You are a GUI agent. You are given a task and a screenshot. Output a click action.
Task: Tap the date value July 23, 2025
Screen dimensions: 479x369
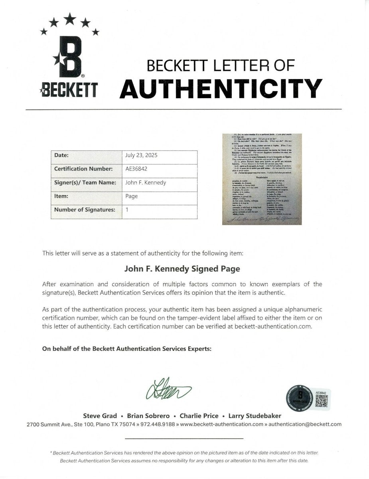[141, 155]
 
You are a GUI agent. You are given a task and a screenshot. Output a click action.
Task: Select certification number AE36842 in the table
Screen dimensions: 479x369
[136, 169]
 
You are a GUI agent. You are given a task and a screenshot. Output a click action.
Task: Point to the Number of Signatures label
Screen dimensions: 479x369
[85, 210]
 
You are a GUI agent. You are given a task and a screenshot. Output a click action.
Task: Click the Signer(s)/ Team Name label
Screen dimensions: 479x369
[85, 182]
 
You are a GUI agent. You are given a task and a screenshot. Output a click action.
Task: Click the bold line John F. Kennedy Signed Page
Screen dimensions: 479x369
[183, 269]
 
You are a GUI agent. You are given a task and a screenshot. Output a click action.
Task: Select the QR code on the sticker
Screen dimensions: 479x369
[322, 402]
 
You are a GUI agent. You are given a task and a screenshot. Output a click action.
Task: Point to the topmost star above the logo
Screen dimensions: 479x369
[70, 18]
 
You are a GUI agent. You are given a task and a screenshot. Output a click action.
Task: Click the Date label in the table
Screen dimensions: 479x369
[61, 155]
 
